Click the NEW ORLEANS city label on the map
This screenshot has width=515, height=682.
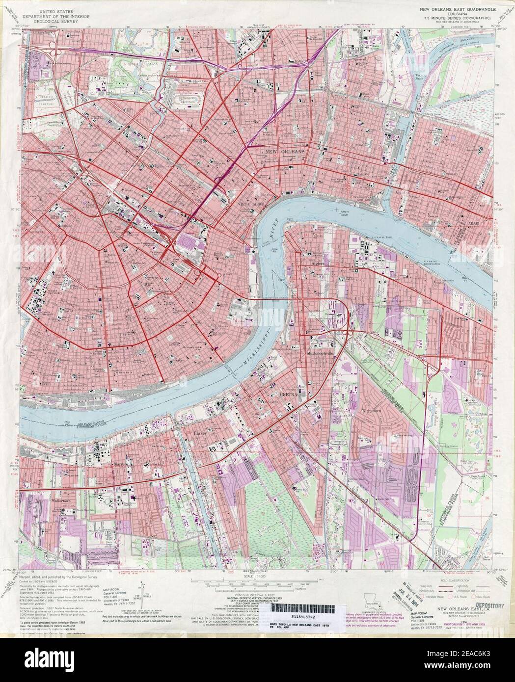click(x=284, y=153)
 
